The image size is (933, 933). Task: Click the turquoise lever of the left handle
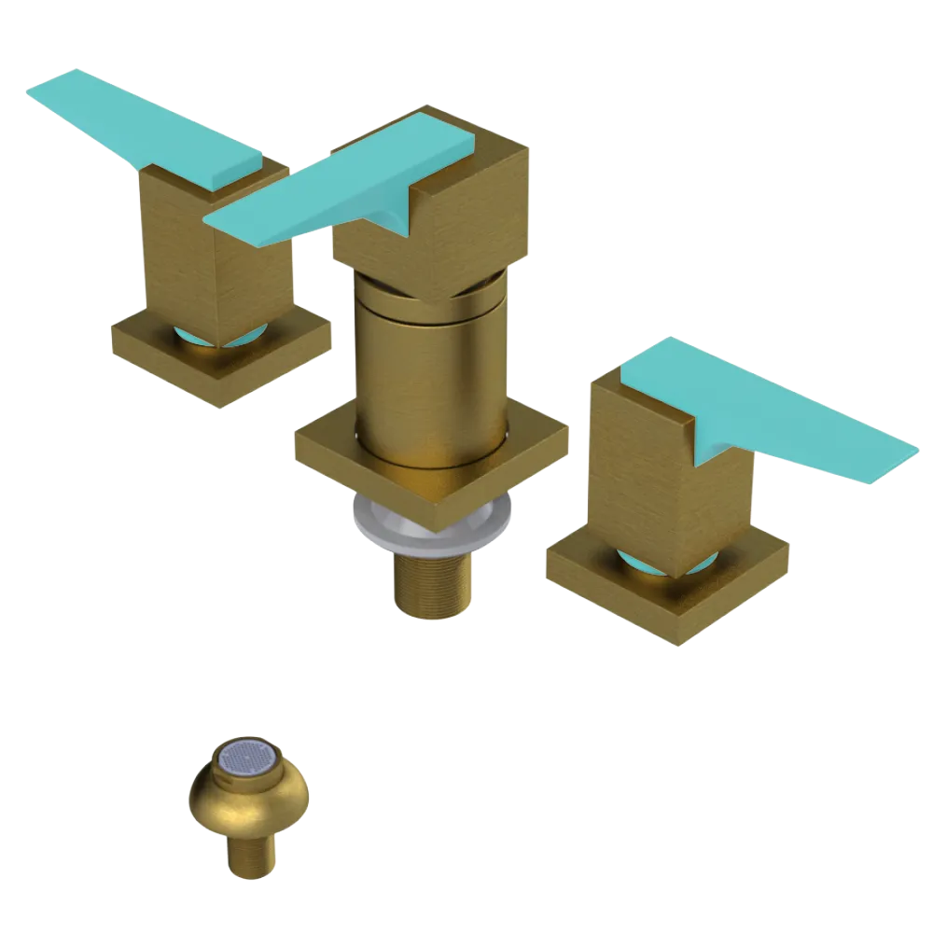pos(140,126)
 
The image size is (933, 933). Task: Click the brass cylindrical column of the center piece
pos(429,373)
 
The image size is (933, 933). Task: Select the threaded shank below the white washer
pos(431,583)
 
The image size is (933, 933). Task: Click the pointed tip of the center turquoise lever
pos(211,222)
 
